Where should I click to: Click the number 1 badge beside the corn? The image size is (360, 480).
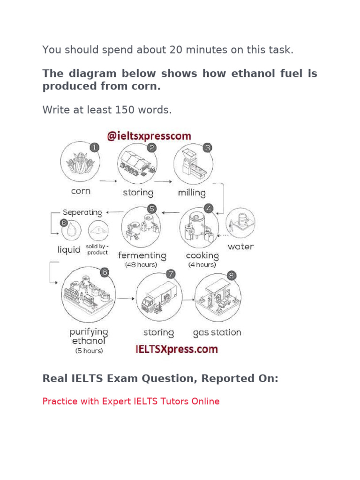95,148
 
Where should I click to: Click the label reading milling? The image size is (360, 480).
192,192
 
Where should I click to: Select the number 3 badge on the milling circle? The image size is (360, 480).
208,148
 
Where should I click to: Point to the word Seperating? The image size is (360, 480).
82,212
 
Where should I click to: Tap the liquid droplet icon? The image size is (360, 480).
72,231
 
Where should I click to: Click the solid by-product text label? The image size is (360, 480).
97,249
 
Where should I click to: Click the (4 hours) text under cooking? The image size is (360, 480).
202,265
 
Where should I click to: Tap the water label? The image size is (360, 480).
240,247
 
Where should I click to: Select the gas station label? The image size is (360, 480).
217,333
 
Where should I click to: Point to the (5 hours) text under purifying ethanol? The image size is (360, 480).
89,351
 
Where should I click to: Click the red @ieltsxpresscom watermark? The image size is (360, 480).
149,136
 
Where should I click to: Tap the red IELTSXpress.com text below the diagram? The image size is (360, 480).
177,349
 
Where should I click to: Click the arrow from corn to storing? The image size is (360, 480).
108,180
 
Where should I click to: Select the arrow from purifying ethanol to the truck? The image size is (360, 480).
126,299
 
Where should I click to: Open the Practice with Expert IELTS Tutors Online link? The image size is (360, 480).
131,401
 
